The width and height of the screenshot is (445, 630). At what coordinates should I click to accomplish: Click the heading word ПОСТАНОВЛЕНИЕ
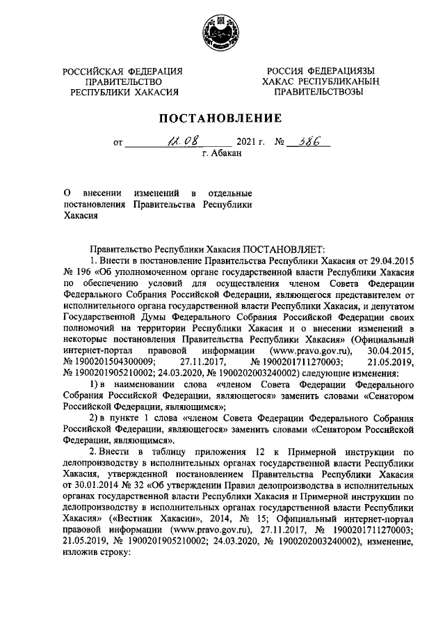(222, 118)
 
